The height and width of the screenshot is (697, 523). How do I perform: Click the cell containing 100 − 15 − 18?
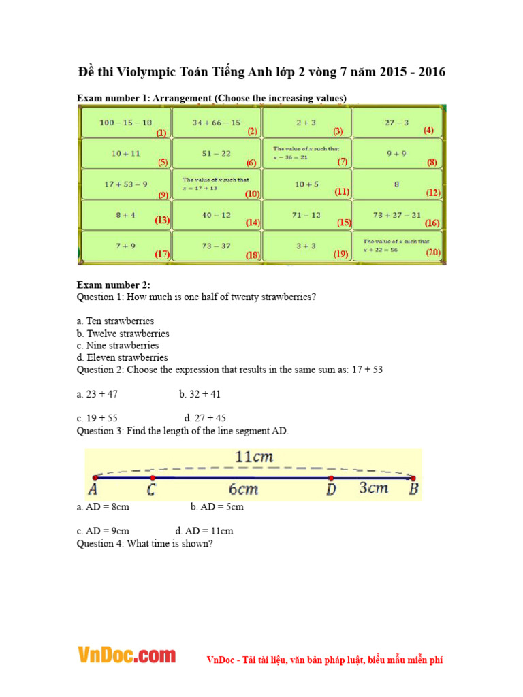point(126,123)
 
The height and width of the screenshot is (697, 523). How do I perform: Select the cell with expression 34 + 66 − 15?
point(217,123)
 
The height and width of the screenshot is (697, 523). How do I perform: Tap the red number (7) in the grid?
point(343,162)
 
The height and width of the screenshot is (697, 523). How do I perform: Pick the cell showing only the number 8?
point(397,184)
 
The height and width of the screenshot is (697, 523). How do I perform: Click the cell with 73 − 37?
point(217,246)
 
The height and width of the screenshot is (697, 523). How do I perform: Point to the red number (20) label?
point(433,253)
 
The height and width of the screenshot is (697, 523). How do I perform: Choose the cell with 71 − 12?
point(306,215)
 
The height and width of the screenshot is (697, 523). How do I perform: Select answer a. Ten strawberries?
point(115,321)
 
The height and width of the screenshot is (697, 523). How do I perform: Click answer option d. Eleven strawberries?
point(122,357)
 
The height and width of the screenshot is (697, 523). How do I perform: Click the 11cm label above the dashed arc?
point(253,457)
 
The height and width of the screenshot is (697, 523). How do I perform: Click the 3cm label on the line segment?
point(373,489)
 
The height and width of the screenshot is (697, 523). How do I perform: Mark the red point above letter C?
point(152,478)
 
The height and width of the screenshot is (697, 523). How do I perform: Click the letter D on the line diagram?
point(331,490)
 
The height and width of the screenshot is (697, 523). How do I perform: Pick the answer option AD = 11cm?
point(204,531)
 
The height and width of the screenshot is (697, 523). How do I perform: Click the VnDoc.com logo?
point(126,655)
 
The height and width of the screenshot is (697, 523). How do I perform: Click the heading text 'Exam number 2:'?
point(113,285)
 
